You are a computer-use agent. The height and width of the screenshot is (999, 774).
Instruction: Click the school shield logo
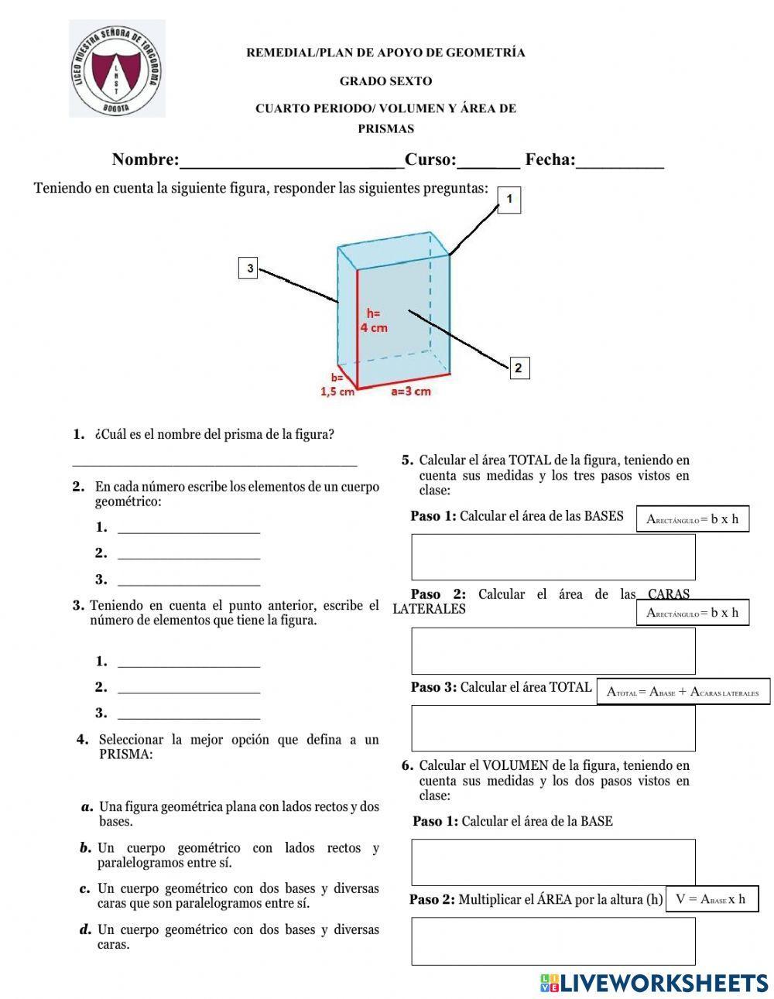pyautogui.click(x=117, y=69)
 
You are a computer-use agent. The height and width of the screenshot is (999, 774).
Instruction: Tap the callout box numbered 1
pyautogui.click(x=509, y=200)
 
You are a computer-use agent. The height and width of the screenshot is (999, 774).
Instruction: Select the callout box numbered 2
pyautogui.click(x=518, y=368)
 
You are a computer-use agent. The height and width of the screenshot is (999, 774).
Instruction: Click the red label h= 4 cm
pyautogui.click(x=374, y=320)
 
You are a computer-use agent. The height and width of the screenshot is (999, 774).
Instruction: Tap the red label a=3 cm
pyautogui.click(x=410, y=392)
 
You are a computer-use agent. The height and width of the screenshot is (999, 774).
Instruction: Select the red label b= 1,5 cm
pyautogui.click(x=337, y=385)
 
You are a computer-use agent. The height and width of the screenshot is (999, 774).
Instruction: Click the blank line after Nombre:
pyautogui.click(x=291, y=161)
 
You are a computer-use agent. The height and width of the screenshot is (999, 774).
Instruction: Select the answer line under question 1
pyautogui.click(x=214, y=462)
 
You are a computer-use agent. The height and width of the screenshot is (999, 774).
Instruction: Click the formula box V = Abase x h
pyautogui.click(x=711, y=899)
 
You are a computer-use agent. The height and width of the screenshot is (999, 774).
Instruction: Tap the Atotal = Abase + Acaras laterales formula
pyautogui.click(x=683, y=693)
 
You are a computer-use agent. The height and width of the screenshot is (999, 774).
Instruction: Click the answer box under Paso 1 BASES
pyautogui.click(x=553, y=557)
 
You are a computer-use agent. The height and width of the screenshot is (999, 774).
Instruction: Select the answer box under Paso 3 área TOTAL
pyautogui.click(x=553, y=728)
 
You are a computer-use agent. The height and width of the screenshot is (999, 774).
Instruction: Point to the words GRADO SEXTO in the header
pyautogui.click(x=385, y=81)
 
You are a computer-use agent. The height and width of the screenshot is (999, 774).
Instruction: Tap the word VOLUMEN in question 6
pyautogui.click(x=513, y=766)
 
